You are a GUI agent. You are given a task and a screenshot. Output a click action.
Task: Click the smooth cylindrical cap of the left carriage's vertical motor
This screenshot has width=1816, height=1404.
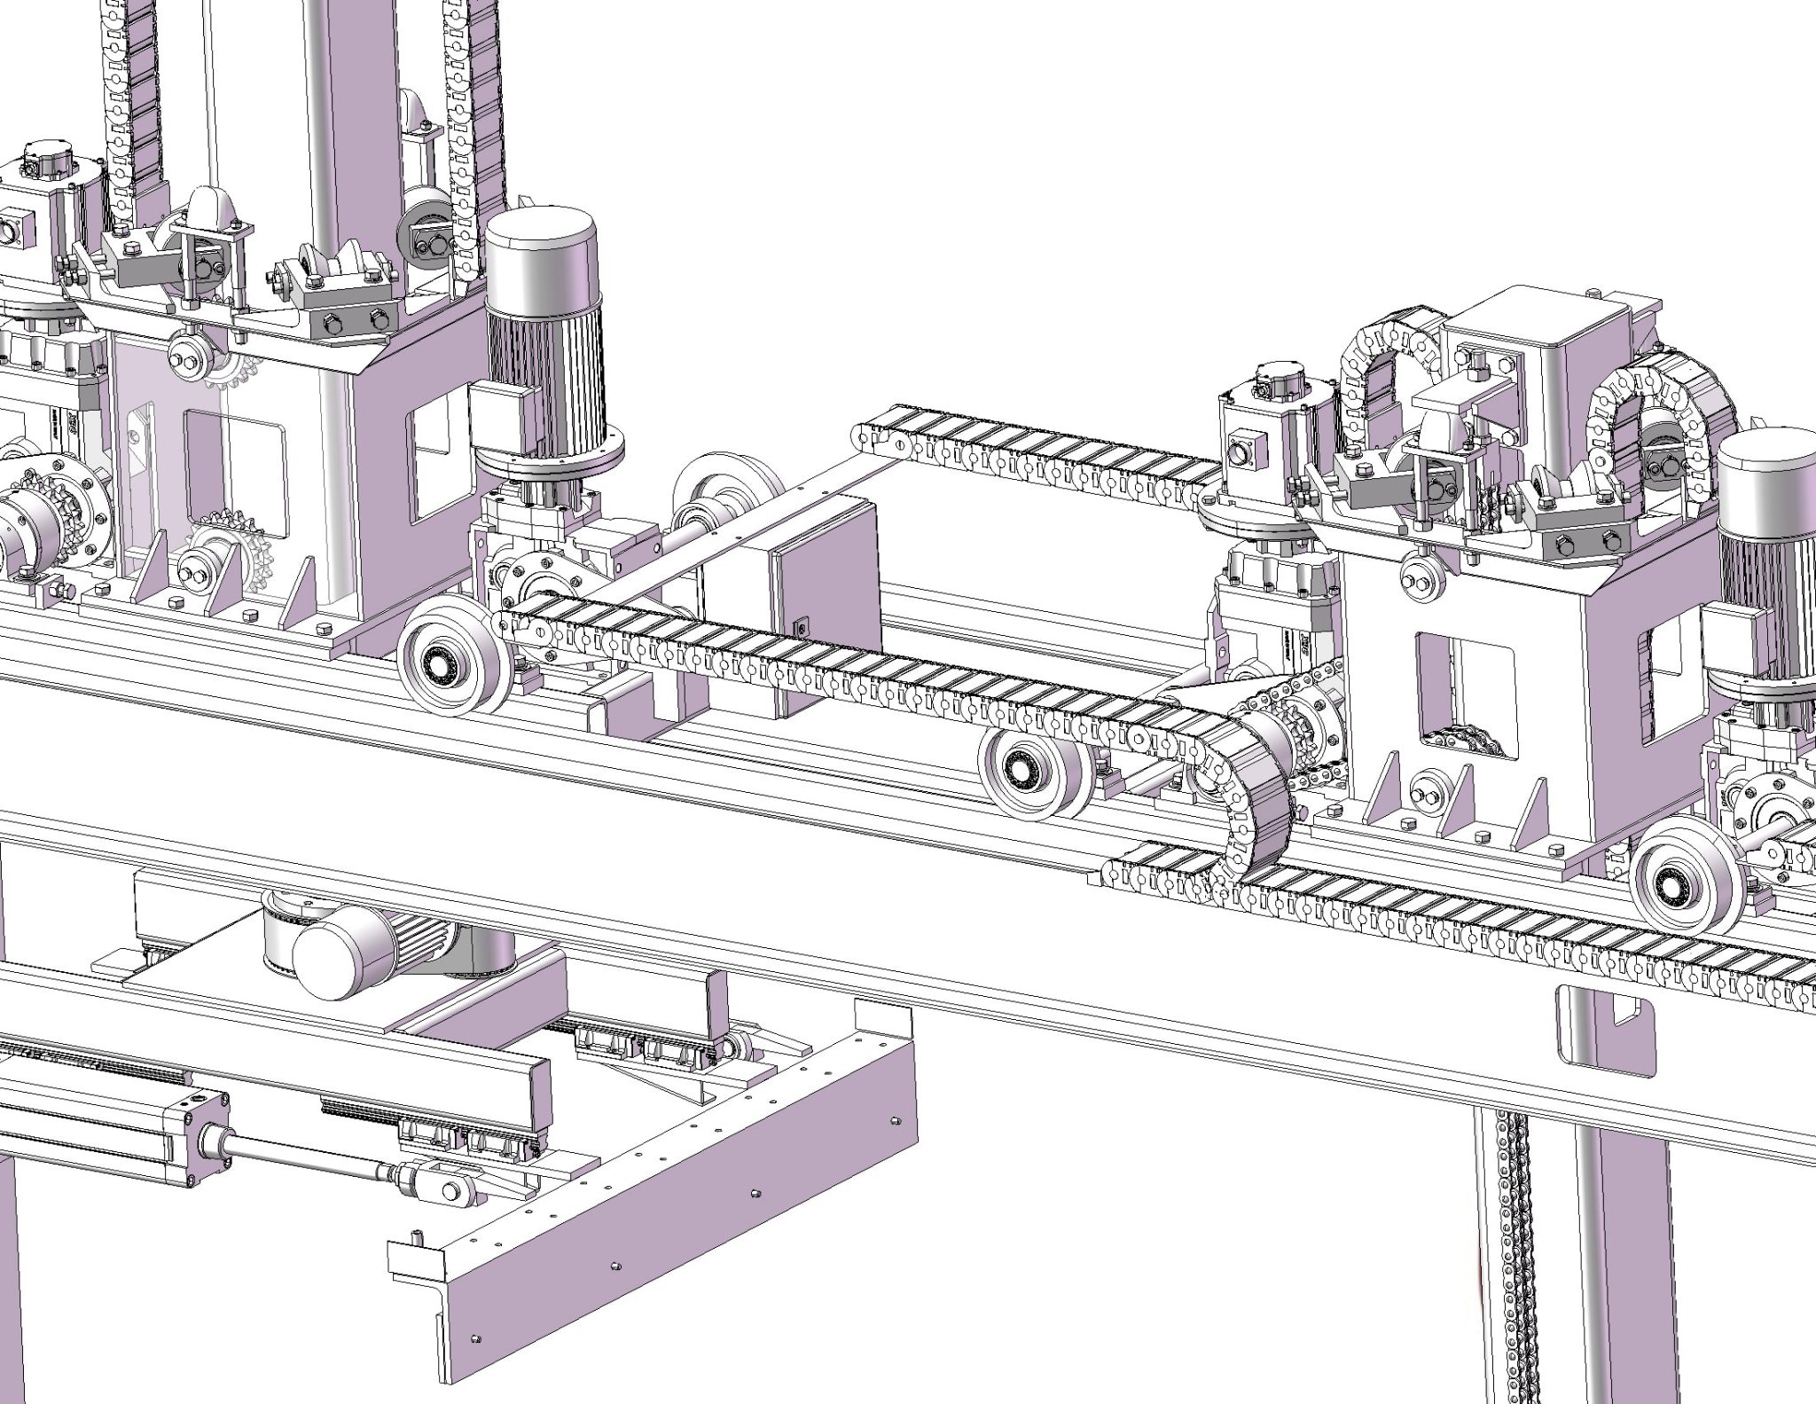pos(541,257)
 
